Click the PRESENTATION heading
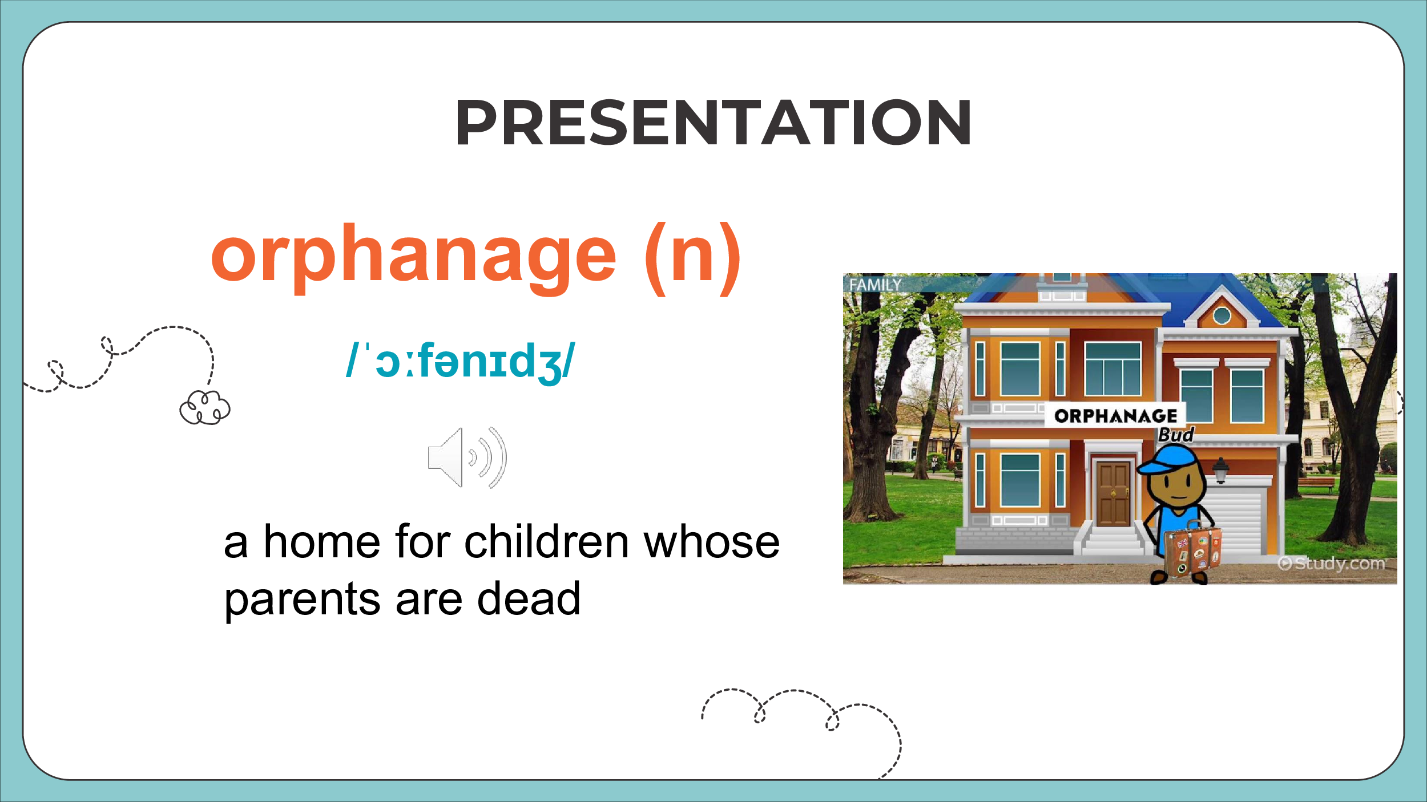click(x=713, y=123)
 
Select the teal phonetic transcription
click(x=461, y=362)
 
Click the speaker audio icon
click(x=467, y=457)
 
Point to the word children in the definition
click(x=547, y=542)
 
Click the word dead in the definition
click(x=529, y=599)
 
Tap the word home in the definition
click(x=321, y=542)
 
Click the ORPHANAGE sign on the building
click(x=1115, y=416)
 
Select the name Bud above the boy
click(x=1176, y=435)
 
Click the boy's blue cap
click(x=1167, y=460)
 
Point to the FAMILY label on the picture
click(x=875, y=285)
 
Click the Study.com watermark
click(x=1331, y=564)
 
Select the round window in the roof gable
click(x=1222, y=315)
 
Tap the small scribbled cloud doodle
click(x=205, y=407)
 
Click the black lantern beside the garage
click(x=1220, y=470)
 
